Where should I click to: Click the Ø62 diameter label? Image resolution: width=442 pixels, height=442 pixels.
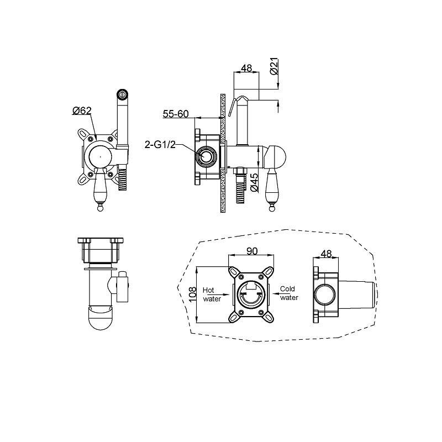pyautogui.click(x=82, y=110)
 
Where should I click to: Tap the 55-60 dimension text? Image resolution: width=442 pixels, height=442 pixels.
pyautogui.click(x=176, y=114)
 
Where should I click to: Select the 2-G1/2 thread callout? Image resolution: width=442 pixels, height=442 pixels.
pyautogui.click(x=160, y=145)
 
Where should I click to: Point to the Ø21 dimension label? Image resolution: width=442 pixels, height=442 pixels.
pyautogui.click(x=274, y=66)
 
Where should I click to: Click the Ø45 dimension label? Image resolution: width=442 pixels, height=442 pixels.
pyautogui.click(x=254, y=183)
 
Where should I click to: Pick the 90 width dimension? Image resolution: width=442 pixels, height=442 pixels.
pyautogui.click(x=252, y=251)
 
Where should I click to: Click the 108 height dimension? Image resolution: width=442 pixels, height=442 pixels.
pyautogui.click(x=192, y=294)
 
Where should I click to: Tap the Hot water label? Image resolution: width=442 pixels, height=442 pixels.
pyautogui.click(x=212, y=294)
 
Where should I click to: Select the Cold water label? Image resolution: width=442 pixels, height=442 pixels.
pyautogui.click(x=288, y=293)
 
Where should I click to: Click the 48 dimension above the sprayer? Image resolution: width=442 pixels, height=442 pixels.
pyautogui.click(x=246, y=68)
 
